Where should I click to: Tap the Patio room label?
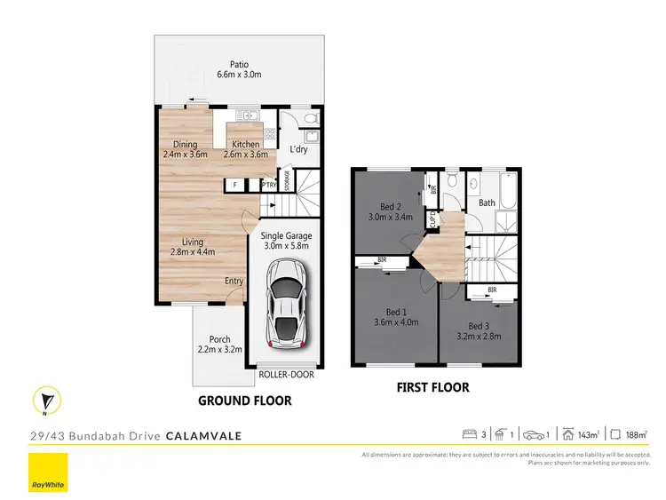[x=239, y=64]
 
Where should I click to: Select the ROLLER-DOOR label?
[x=286, y=375]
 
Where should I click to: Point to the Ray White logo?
[x=47, y=472]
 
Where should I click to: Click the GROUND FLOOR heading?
[x=244, y=401]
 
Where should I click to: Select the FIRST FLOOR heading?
[x=432, y=387]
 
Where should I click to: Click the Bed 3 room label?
[x=479, y=327]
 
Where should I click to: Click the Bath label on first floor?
[x=487, y=202]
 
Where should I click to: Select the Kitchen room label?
[x=246, y=144]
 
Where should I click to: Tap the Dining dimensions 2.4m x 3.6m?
[x=185, y=154]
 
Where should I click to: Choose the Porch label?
[x=220, y=338]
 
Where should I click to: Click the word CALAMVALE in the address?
[x=203, y=436]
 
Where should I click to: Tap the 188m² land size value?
[x=635, y=435]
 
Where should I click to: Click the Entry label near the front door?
[x=234, y=282]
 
